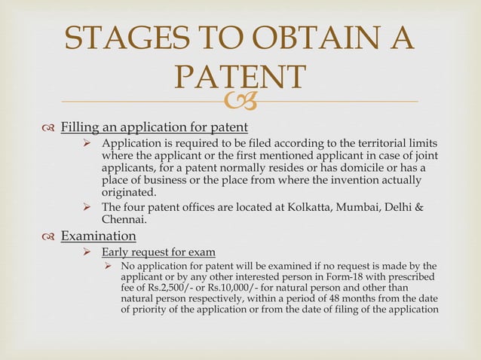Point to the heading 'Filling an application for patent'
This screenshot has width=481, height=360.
tap(154, 124)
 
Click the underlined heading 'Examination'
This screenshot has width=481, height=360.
tap(98, 236)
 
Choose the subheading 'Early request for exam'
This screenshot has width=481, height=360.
tap(158, 252)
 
